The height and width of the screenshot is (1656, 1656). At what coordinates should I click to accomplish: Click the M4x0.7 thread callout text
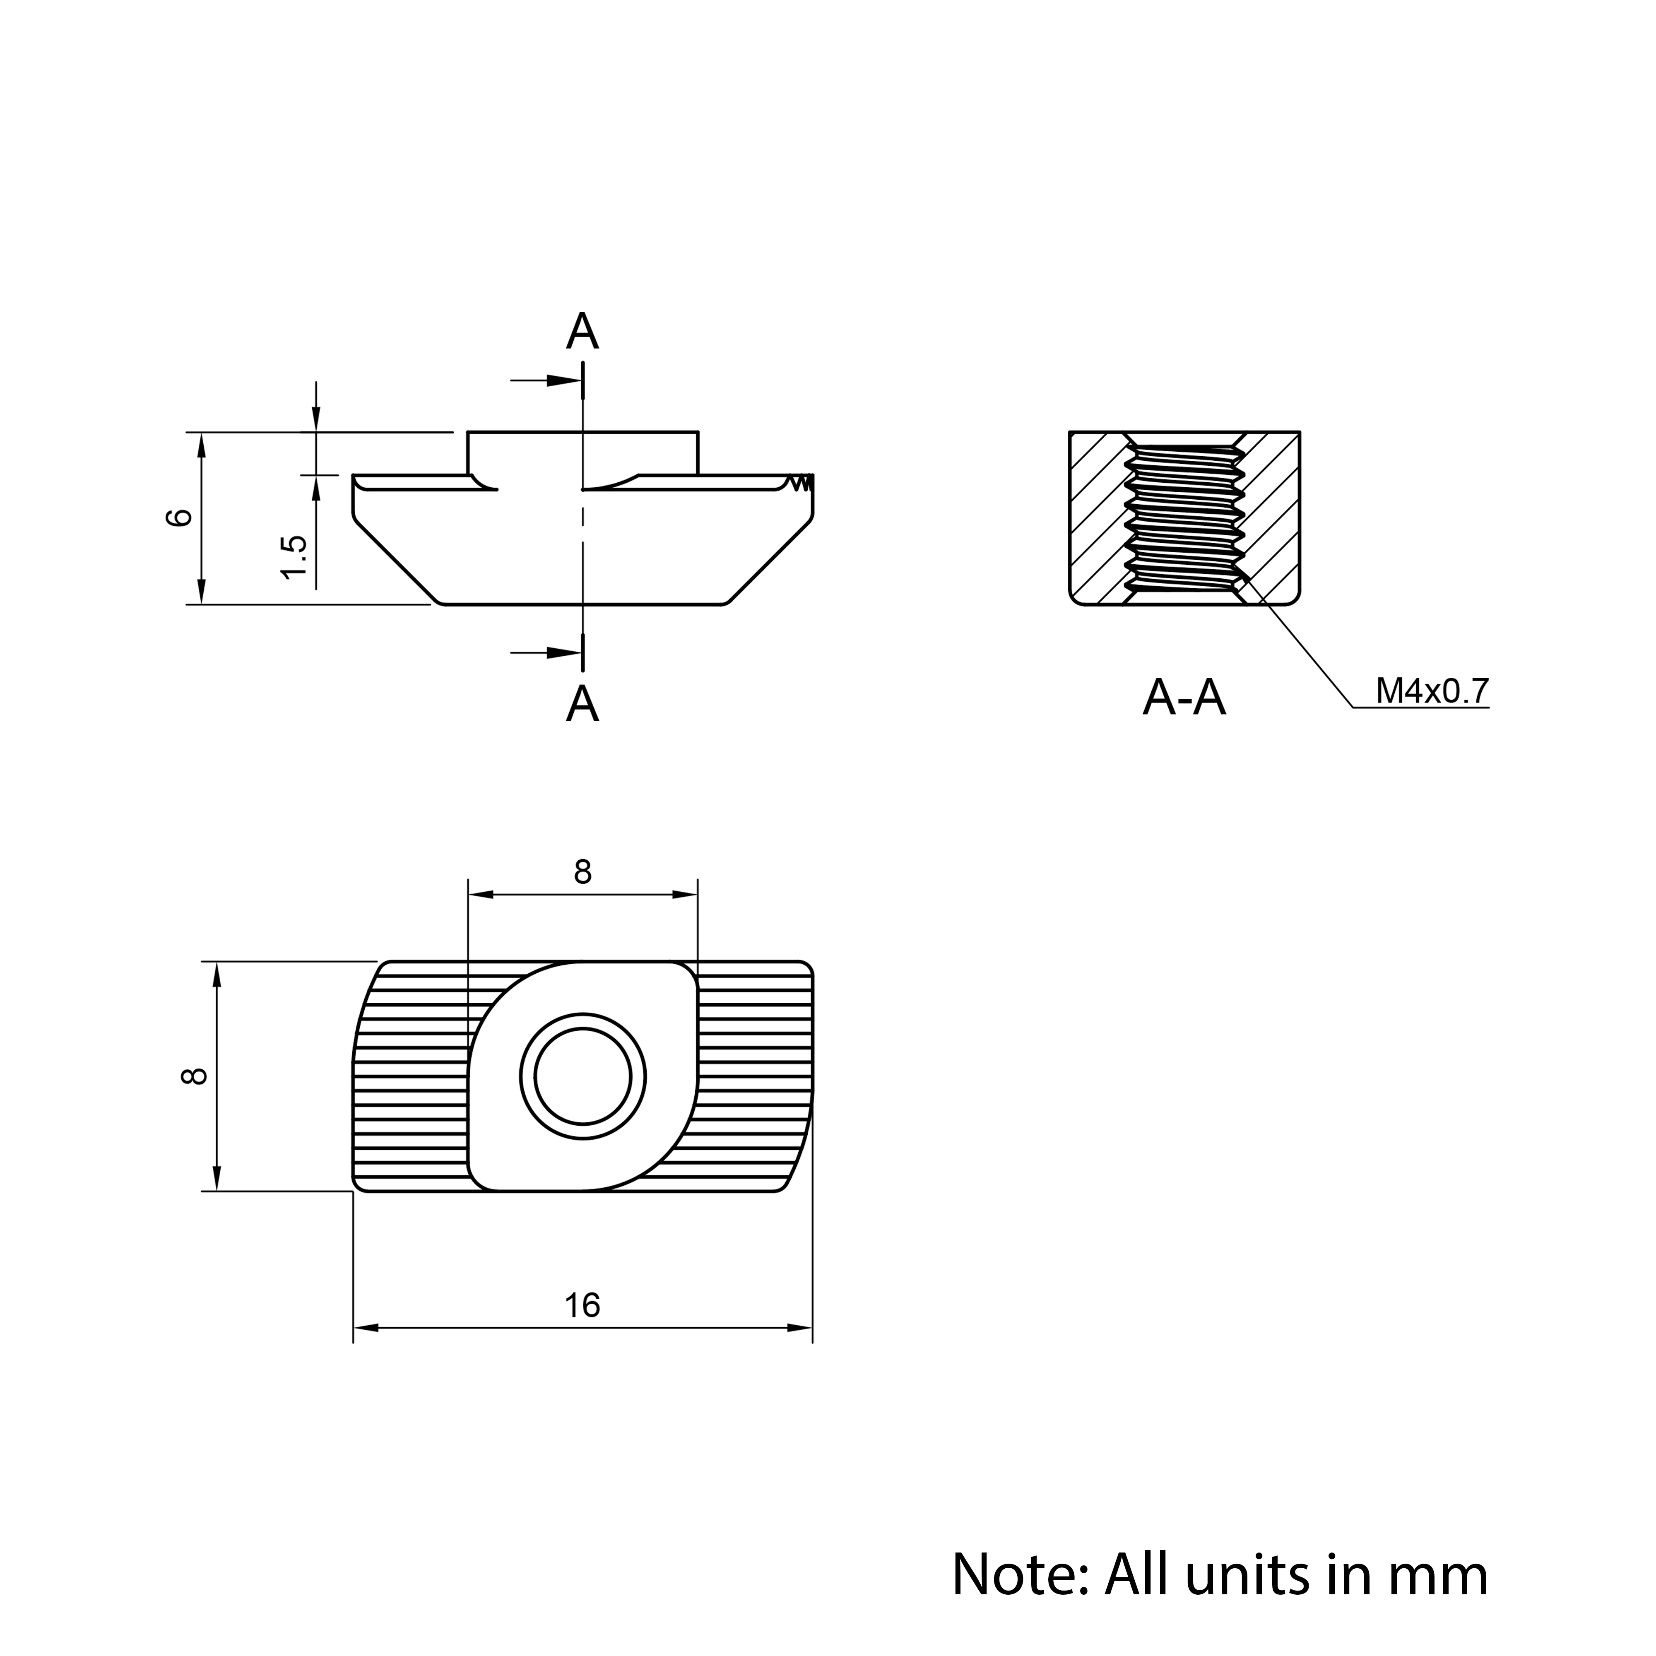[x=1432, y=691]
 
